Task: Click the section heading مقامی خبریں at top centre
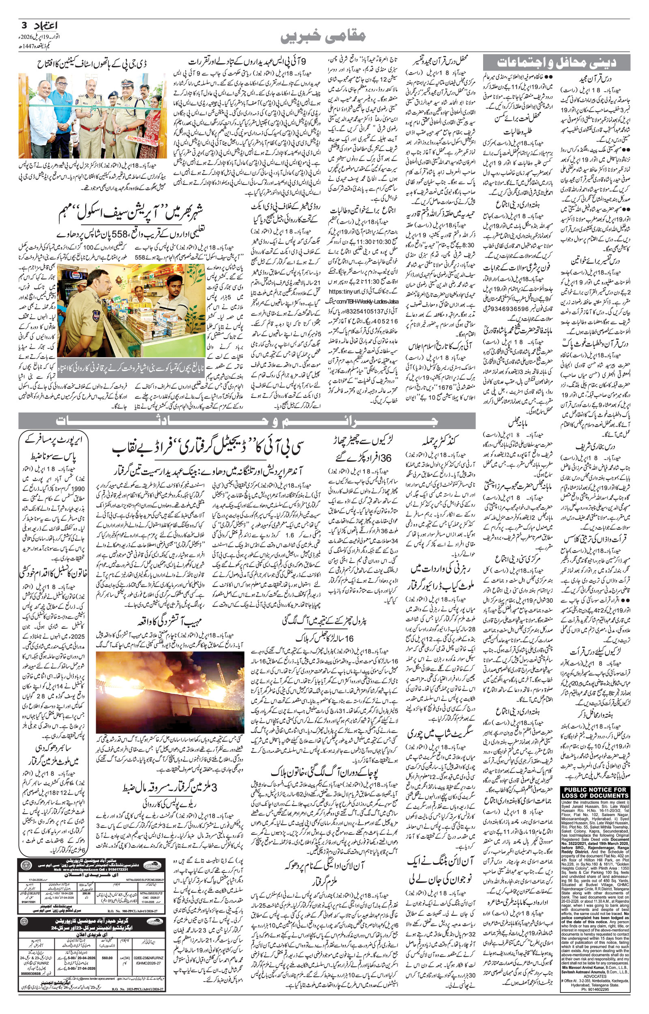323,36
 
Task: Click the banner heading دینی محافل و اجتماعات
557,62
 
